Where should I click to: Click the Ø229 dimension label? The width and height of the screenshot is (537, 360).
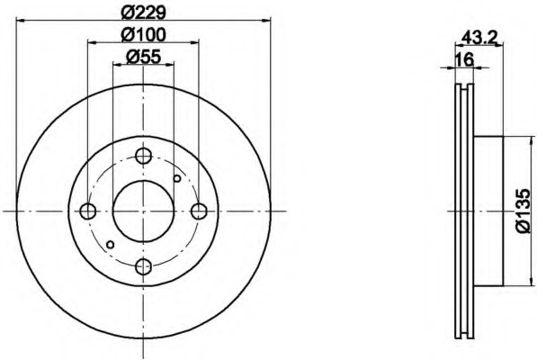click(144, 13)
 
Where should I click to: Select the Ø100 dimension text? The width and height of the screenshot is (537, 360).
click(144, 34)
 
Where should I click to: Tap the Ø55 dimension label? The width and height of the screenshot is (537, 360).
click(144, 57)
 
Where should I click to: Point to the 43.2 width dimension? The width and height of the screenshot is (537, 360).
click(479, 37)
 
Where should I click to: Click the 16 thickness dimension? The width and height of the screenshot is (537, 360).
click(465, 59)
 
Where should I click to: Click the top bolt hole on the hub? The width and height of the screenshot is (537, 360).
click(144, 156)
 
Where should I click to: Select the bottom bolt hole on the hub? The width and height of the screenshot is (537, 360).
click(144, 266)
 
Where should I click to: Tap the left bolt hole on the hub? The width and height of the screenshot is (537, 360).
click(87, 211)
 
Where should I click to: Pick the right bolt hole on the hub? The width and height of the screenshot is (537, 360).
click(199, 211)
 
